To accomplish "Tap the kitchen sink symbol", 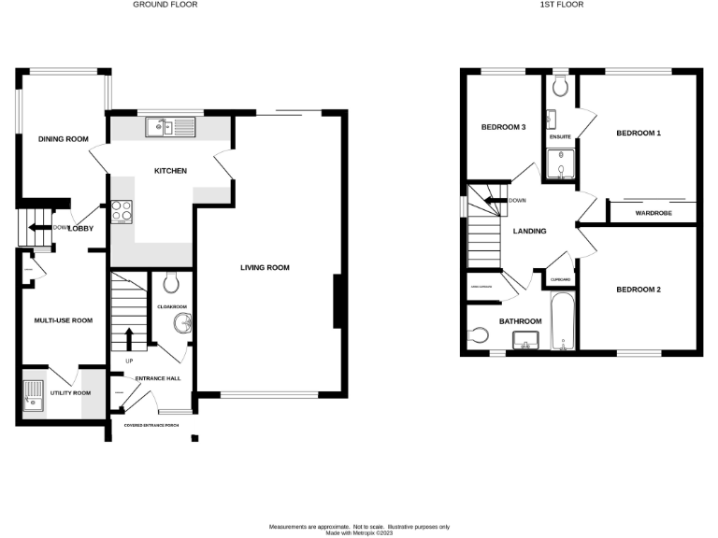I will (169, 126).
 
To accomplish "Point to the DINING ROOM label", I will (63, 139).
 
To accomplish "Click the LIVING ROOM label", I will (265, 268).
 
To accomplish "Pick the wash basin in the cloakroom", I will (180, 323).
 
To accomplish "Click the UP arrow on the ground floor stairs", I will (129, 340).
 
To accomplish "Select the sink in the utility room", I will (33, 395).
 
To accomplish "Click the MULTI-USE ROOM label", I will (63, 320).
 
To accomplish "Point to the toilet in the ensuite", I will (560, 87).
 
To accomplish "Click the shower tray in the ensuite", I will (561, 166).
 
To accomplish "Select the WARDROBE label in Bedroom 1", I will (653, 212).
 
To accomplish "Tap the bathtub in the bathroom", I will (561, 322).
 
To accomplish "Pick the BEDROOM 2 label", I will (638, 290).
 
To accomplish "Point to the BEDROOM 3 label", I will (503, 127).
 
